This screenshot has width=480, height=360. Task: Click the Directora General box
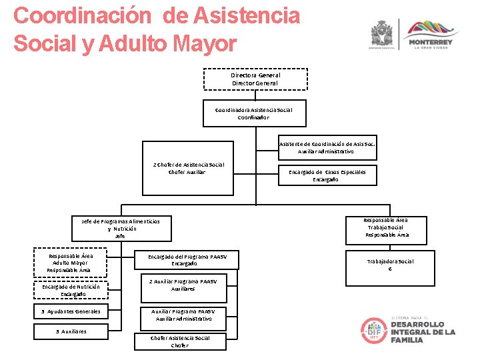[x=255, y=79]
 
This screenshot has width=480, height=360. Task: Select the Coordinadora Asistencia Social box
[x=253, y=113]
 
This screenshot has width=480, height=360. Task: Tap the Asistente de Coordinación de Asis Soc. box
[x=326, y=148]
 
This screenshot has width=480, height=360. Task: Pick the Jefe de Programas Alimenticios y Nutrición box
[x=121, y=228]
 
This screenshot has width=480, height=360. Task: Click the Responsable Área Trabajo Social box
[x=387, y=227]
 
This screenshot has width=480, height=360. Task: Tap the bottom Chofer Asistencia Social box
[x=180, y=341]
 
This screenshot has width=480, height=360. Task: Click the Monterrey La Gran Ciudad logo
[x=430, y=34]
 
